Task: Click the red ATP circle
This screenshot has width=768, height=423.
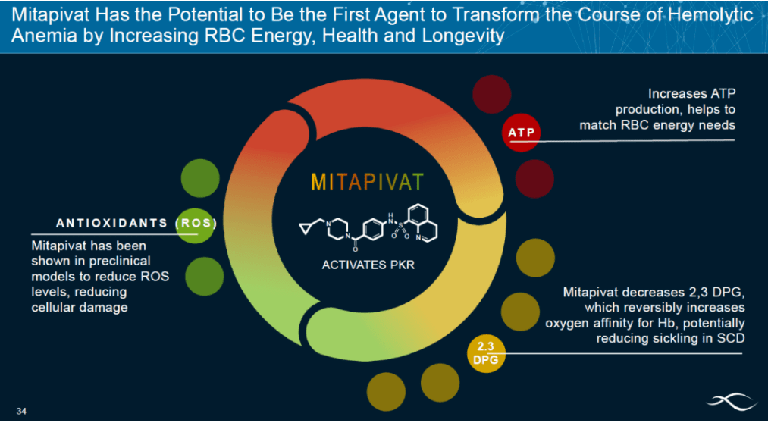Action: tap(521, 133)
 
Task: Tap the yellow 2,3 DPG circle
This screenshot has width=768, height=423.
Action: tap(486, 353)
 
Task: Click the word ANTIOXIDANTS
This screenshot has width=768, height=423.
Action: tap(111, 223)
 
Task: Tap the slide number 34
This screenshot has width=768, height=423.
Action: tap(21, 410)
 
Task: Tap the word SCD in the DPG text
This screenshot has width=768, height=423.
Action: tap(732, 338)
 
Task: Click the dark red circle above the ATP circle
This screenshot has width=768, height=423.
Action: tap(492, 95)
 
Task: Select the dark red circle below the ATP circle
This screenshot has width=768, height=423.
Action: tap(534, 179)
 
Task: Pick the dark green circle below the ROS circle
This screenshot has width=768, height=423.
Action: tap(205, 277)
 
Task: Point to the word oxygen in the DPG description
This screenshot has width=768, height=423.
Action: tap(563, 324)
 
